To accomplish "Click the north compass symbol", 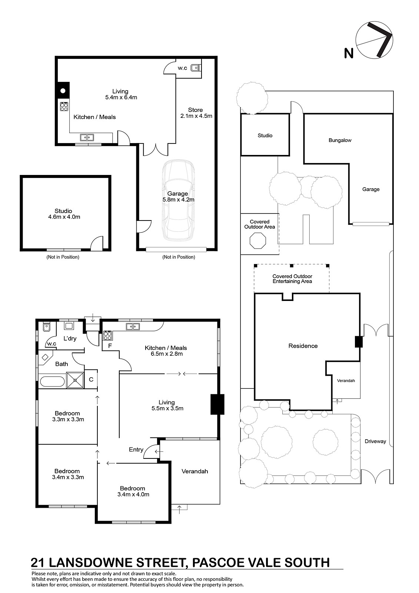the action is (374, 40).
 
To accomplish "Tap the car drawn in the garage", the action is (178, 200).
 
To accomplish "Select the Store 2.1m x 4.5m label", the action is (196, 113).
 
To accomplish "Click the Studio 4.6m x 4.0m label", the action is (64, 213).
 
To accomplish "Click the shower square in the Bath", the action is (75, 380).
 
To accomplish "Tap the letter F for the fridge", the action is (110, 346).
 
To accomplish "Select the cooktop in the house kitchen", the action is (108, 335).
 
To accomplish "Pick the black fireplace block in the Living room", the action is (217, 404).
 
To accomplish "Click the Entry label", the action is (136, 449).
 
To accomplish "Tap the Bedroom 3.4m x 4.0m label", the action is (133, 491).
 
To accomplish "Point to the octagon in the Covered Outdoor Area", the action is (258, 241).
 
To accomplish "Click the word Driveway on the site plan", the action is (375, 441).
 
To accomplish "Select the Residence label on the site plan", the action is (303, 346).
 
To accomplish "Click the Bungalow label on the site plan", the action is (340, 140).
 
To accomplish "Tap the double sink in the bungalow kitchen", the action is (87, 138).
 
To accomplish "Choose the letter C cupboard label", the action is (91, 380).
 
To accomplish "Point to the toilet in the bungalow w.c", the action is (196, 67).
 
